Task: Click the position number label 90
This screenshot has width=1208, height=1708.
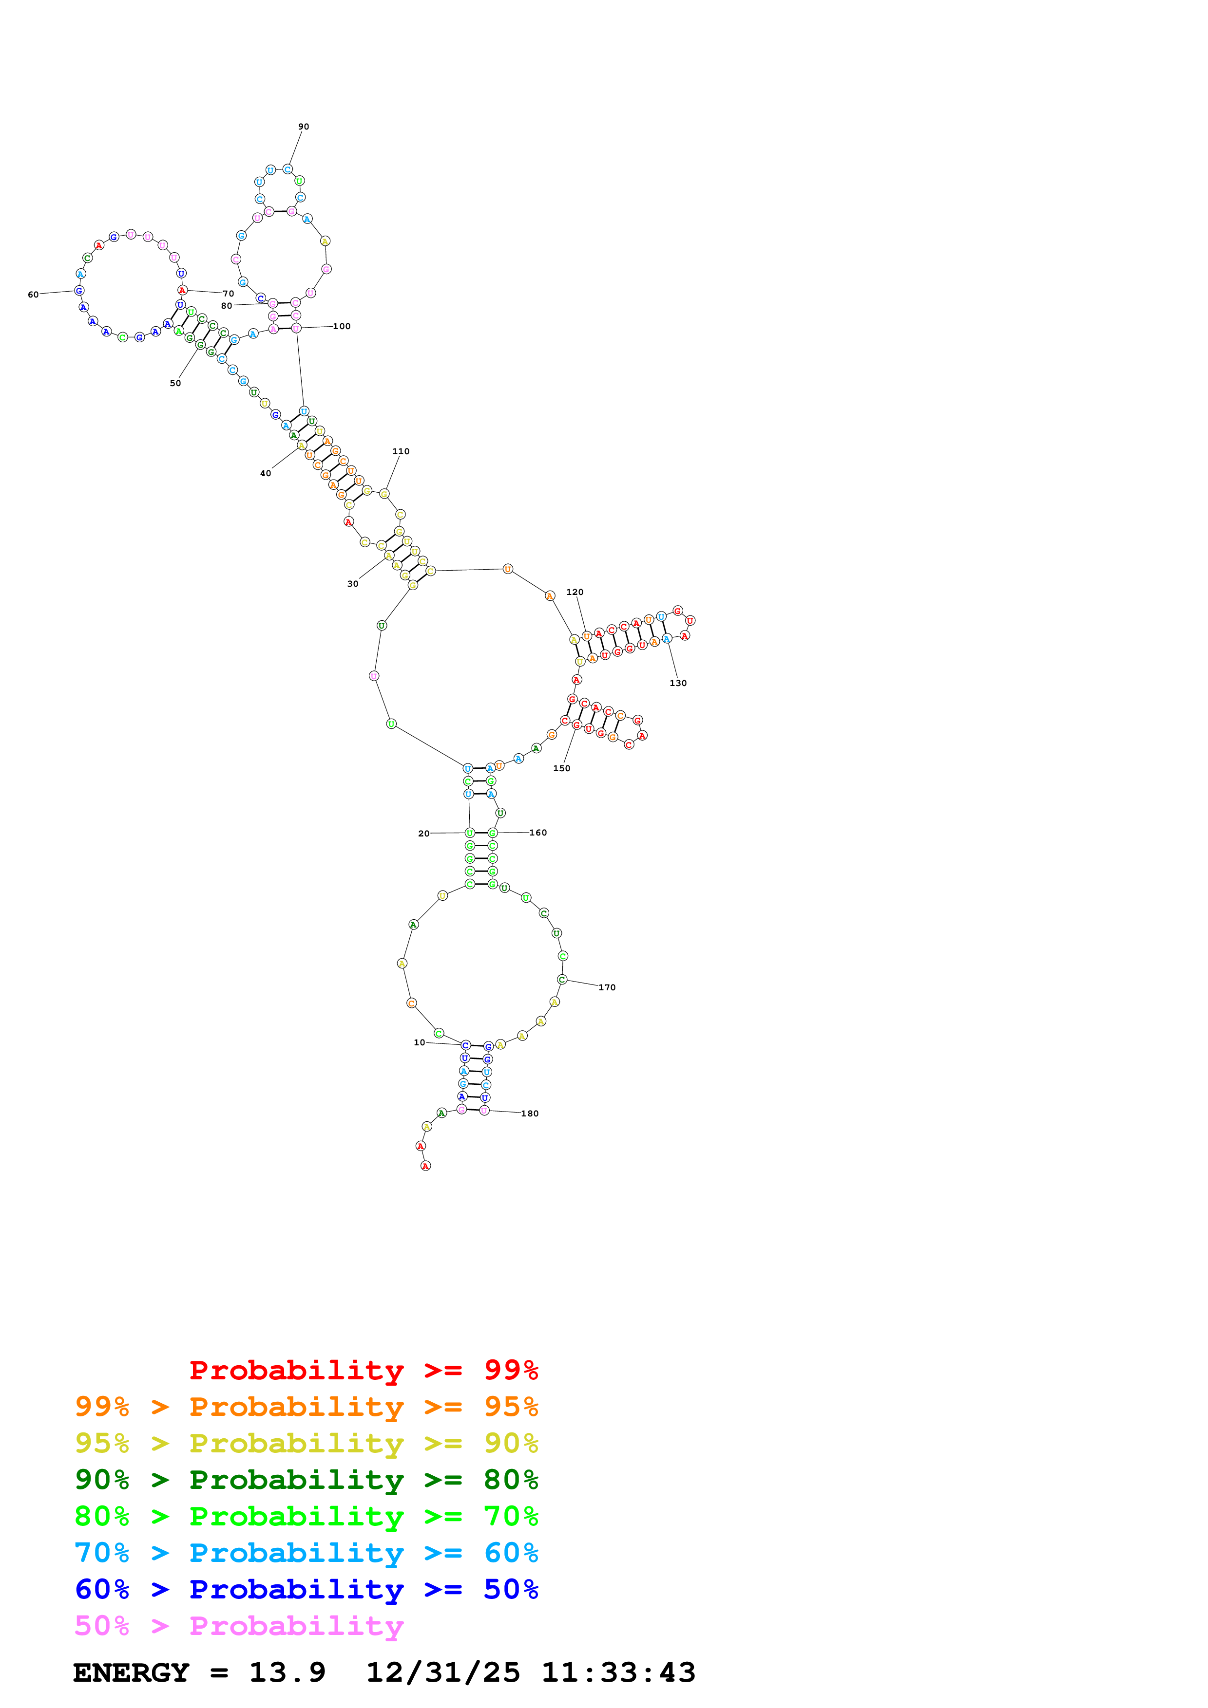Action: pos(303,127)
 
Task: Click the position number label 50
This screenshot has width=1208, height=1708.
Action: pos(175,383)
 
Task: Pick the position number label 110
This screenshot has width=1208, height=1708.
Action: pos(401,451)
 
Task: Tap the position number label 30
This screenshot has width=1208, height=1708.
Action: pos(353,583)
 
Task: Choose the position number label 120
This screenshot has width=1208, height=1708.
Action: pos(575,592)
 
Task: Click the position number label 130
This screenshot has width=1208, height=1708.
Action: pos(678,683)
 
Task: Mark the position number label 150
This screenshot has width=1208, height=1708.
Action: pos(562,768)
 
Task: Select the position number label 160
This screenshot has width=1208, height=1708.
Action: pos(538,833)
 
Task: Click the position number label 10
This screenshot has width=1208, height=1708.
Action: pos(419,1042)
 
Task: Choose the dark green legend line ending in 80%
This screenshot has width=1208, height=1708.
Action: pos(307,1480)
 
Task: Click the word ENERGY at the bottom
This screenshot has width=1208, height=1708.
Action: pos(131,1672)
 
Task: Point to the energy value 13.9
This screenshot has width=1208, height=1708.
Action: pos(288,1672)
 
